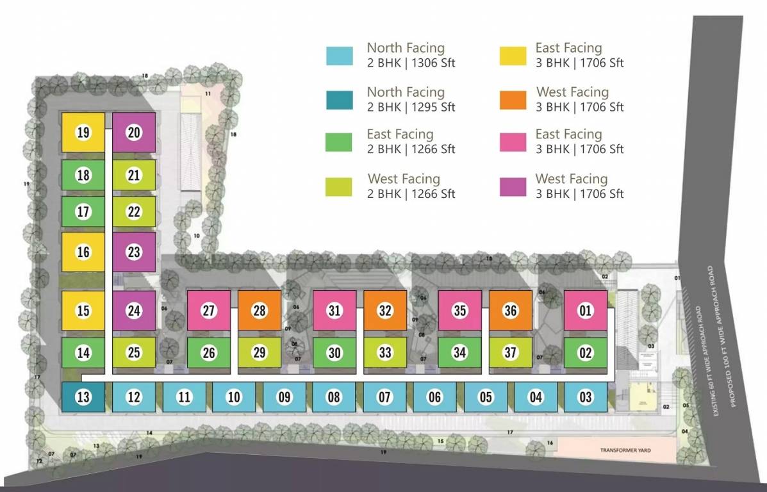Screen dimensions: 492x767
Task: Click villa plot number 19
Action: point(83,133)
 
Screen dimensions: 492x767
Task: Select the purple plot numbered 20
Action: point(134,133)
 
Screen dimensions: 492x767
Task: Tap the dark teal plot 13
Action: point(83,397)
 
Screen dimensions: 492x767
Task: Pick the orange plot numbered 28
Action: point(259,311)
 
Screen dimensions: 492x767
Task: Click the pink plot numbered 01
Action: point(585,311)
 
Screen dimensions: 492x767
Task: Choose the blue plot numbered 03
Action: point(585,397)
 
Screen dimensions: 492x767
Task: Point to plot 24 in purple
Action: point(134,311)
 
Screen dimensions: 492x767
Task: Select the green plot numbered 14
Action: point(83,353)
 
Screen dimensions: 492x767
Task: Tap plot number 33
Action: point(385,353)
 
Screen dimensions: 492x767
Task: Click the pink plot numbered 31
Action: point(334,311)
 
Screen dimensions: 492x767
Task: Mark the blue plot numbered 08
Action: point(334,397)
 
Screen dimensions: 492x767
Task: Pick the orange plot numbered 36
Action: point(510,311)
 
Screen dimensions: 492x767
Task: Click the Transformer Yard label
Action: point(625,450)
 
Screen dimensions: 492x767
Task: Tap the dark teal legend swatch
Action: point(339,100)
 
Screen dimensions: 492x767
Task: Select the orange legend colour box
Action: point(512,100)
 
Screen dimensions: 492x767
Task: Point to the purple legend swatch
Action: point(512,186)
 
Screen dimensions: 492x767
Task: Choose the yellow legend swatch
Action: point(512,56)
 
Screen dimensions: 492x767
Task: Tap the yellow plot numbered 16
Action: point(83,252)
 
